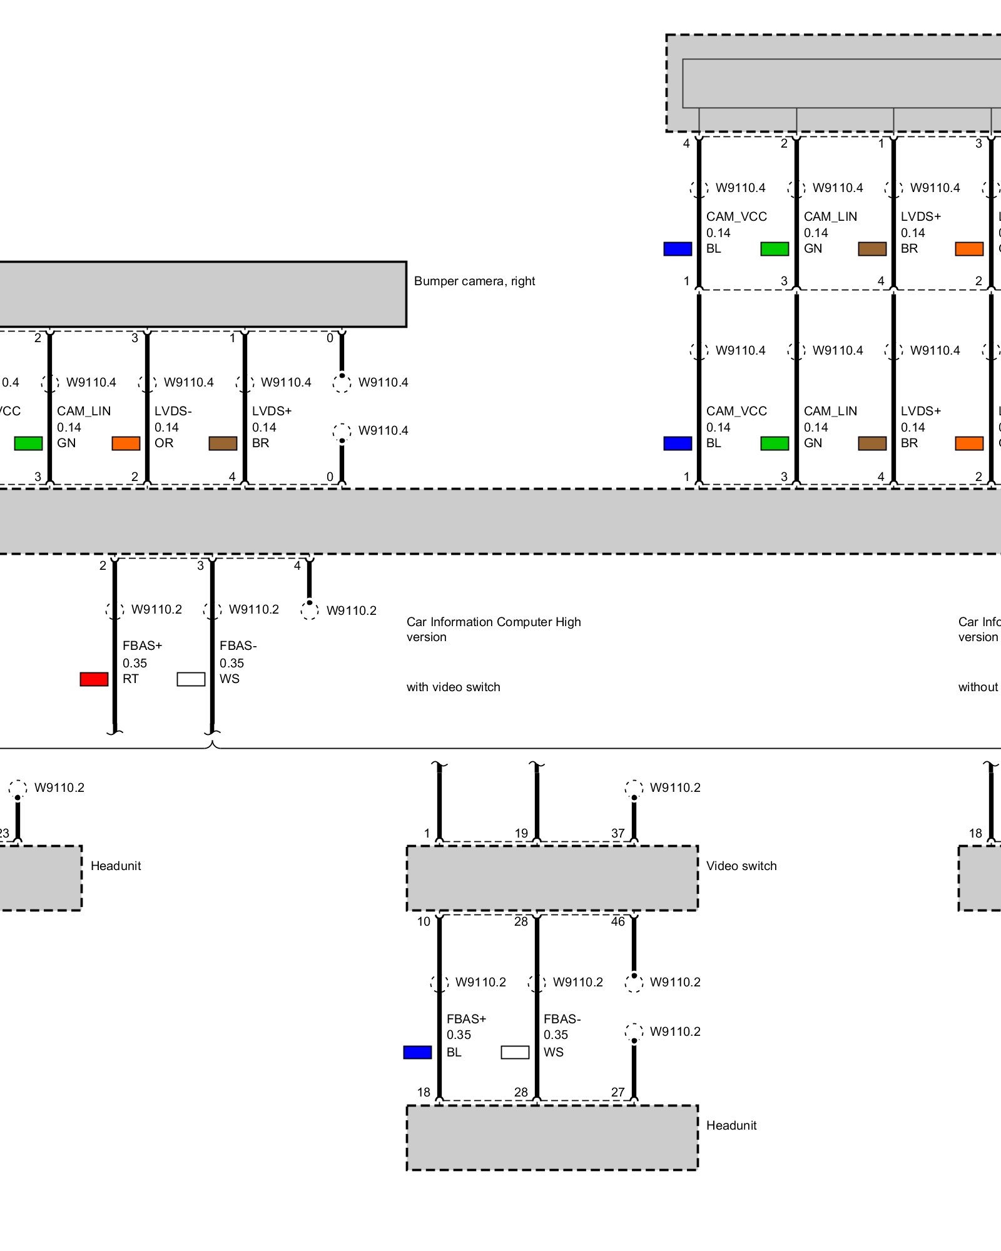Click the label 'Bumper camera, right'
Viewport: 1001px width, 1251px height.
(x=474, y=281)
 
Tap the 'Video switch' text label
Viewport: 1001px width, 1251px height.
(x=741, y=866)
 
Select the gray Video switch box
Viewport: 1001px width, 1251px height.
(x=552, y=878)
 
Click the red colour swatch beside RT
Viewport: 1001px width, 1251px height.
(x=94, y=679)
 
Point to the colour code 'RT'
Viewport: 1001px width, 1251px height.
(x=130, y=679)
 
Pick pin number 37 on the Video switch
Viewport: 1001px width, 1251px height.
(x=618, y=833)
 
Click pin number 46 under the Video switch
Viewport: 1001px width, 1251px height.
(x=618, y=921)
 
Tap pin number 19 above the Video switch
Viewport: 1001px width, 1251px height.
(x=521, y=833)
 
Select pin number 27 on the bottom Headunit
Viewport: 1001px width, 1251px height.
(x=618, y=1092)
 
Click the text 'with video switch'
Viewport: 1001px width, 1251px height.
(x=453, y=687)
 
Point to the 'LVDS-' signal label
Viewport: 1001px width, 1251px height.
(x=173, y=411)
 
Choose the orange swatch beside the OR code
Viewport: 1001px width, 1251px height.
(x=126, y=443)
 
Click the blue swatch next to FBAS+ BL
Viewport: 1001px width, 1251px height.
(x=417, y=1053)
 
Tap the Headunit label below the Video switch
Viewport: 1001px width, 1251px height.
(x=731, y=1125)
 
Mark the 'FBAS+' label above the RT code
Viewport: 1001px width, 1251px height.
(x=142, y=646)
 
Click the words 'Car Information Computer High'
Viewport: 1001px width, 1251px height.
(x=494, y=622)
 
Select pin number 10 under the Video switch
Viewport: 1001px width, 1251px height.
(x=424, y=921)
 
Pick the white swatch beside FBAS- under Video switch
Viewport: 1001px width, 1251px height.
(x=515, y=1053)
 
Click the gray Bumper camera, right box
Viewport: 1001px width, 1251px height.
(x=200, y=294)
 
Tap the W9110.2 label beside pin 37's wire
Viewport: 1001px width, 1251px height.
(x=675, y=788)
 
